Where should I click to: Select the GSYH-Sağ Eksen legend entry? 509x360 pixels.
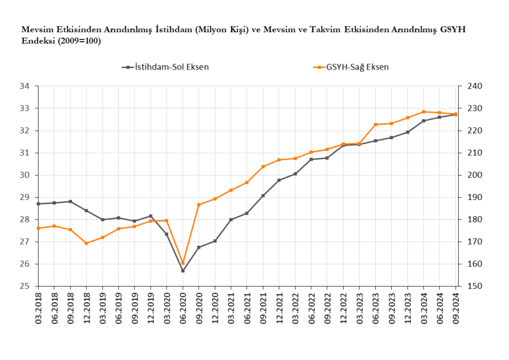[357, 67]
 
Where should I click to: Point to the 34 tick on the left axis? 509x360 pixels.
[25, 87]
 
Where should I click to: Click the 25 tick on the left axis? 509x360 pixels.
[25, 286]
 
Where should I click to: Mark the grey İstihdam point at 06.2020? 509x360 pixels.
[183, 271]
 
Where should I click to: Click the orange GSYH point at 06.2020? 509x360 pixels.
[183, 263]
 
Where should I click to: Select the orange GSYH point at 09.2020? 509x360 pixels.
[199, 205]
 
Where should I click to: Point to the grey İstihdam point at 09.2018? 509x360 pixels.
[71, 201]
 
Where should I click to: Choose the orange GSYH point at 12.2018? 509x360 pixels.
[86, 243]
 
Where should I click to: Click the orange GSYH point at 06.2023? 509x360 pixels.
[375, 124]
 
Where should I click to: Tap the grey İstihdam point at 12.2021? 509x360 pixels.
[279, 180]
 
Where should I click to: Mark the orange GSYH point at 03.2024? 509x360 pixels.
[424, 112]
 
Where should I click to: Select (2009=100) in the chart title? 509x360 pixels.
[78, 41]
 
